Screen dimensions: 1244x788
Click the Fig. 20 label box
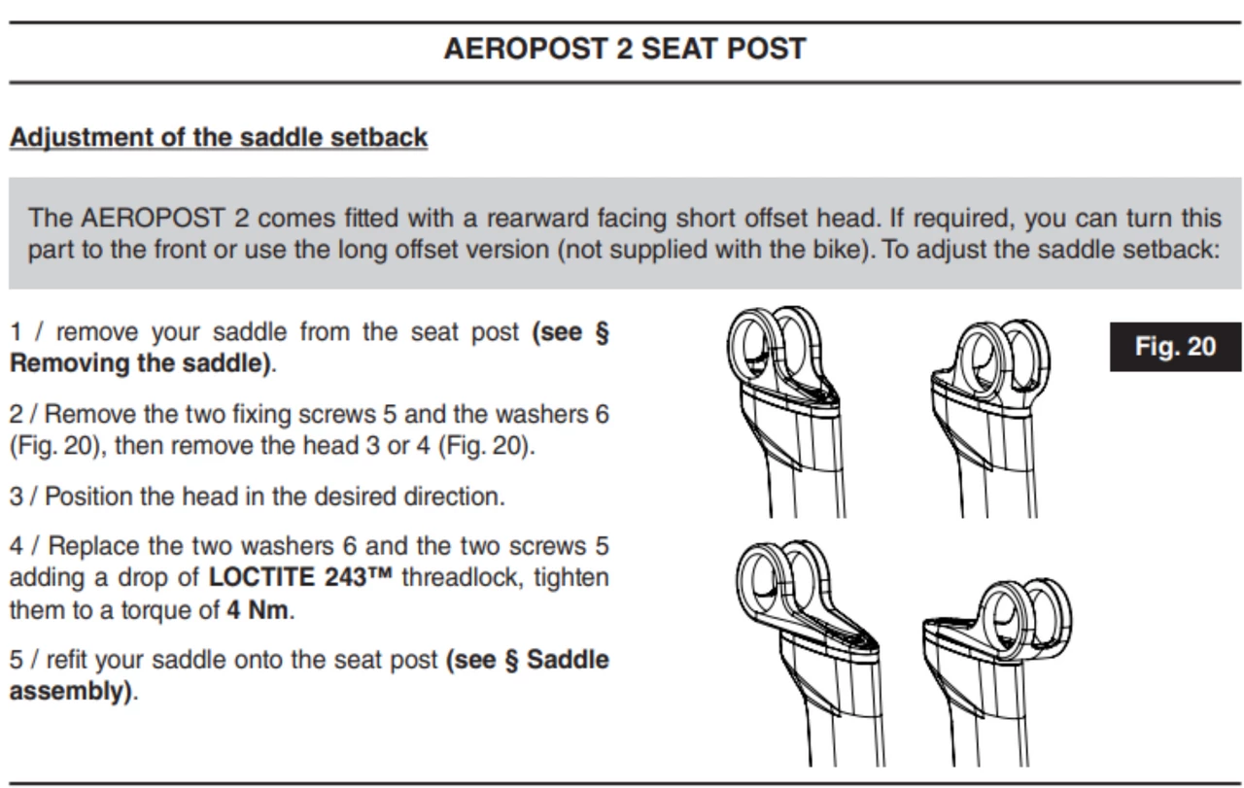[1176, 347]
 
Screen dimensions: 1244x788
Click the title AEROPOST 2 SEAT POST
[625, 49]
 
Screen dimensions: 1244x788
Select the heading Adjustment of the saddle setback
[219, 137]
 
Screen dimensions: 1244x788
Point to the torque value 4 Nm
[258, 610]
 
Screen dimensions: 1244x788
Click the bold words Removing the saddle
[140, 363]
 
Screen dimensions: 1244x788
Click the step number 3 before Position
[17, 497]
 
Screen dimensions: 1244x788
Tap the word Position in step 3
[88, 497]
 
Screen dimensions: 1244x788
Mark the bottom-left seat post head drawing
[808, 653]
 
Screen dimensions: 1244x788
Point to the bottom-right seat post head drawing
[997, 672]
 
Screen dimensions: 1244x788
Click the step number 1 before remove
[16, 332]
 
